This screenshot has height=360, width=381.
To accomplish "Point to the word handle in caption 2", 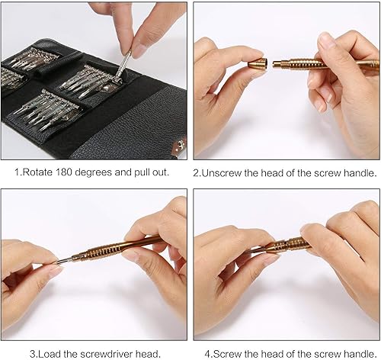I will coord(358,172).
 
